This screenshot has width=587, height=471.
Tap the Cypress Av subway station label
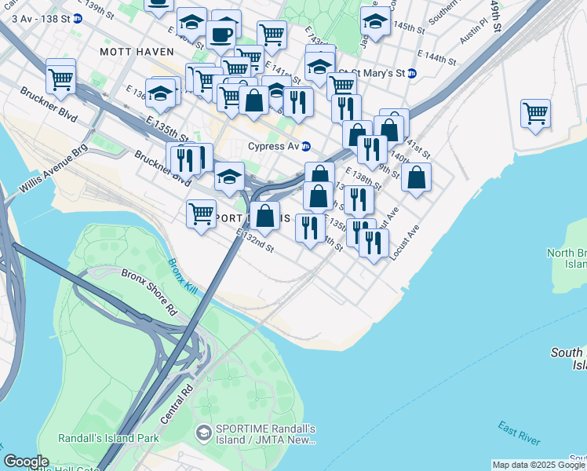pyautogui.click(x=275, y=146)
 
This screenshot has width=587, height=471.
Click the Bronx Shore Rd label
pyautogui.click(x=148, y=291)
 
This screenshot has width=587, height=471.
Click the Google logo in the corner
pyautogui.click(x=26, y=462)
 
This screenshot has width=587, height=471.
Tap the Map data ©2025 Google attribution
pyautogui.click(x=538, y=465)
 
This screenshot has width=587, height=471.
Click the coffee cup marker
pyautogui.click(x=221, y=35)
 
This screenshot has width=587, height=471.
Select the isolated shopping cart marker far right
pyautogui.click(x=535, y=112)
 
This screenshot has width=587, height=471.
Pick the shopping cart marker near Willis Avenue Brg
pyautogui.click(x=60, y=77)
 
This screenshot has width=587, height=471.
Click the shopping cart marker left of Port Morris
pyautogui.click(x=201, y=212)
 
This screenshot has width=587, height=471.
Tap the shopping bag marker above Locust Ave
pyautogui.click(x=416, y=177)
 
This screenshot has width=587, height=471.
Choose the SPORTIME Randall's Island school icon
pyautogui.click(x=203, y=433)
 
